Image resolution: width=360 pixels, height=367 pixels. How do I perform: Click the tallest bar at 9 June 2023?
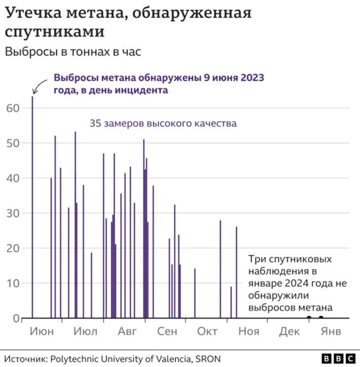click(x=32, y=208)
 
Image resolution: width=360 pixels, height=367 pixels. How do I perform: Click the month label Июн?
click(x=41, y=332)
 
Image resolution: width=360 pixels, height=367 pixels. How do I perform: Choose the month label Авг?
click(x=127, y=332)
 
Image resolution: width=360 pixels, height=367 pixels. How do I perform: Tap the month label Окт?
click(x=207, y=332)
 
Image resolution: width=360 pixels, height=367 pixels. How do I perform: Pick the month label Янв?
click(x=330, y=332)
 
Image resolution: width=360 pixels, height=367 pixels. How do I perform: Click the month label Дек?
click(x=289, y=332)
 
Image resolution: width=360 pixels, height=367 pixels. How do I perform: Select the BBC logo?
click(x=337, y=359)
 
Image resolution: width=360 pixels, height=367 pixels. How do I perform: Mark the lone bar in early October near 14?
click(x=195, y=293)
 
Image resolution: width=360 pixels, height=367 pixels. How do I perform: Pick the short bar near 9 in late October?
click(x=231, y=302)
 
